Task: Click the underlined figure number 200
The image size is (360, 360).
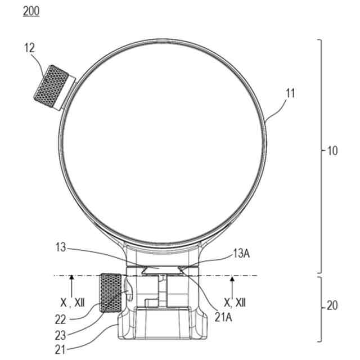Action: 31,11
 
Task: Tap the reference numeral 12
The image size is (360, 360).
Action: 29,48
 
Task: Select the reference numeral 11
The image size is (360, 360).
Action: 290,93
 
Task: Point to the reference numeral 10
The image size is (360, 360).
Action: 332,151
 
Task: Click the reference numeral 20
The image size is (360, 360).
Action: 332,305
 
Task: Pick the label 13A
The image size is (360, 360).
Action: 241,254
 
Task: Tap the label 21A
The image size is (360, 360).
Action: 223,317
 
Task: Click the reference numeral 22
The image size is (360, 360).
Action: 60,319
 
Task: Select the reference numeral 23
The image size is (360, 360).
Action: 60,336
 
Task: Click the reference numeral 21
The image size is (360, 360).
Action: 60,350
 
